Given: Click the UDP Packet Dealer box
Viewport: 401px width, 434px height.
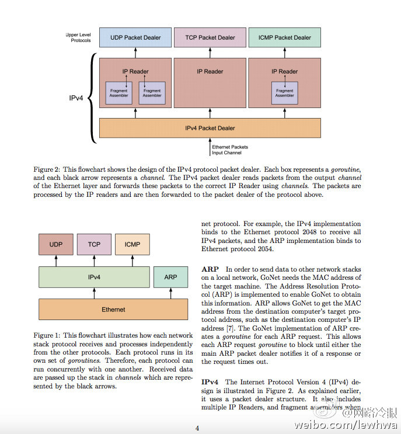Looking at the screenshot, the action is [135, 37].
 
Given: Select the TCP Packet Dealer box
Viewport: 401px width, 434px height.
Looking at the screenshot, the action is [210, 37].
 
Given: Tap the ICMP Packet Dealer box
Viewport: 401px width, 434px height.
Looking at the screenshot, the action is [285, 37].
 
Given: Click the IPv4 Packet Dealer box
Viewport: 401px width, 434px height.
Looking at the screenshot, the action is [210, 128].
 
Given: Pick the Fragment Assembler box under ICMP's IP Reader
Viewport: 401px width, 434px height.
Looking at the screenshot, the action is [285, 93].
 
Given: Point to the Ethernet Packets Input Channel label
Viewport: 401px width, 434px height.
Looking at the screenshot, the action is [230, 150].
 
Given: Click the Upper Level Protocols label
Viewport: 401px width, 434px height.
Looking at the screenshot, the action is [78, 37].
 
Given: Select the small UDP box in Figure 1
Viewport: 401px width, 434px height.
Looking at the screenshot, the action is [56, 244].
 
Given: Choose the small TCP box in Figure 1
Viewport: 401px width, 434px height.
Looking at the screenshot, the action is [94, 244].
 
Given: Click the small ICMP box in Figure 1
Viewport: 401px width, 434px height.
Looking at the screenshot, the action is [132, 244].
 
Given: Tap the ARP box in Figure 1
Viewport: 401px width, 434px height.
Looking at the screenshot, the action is [170, 277].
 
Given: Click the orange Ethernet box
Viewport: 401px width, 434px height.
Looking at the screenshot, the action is [113, 310].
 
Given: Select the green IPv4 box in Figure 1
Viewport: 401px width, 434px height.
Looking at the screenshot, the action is [94, 277].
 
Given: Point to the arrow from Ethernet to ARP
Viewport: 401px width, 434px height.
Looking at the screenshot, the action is [170, 293].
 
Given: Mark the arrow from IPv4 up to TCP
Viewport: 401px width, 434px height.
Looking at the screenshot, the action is [94, 261].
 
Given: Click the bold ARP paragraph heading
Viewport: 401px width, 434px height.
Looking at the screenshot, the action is [210, 269].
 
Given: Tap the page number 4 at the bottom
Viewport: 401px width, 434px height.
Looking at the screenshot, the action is [197, 428].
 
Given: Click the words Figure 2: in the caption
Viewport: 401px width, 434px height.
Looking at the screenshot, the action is [47, 169].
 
